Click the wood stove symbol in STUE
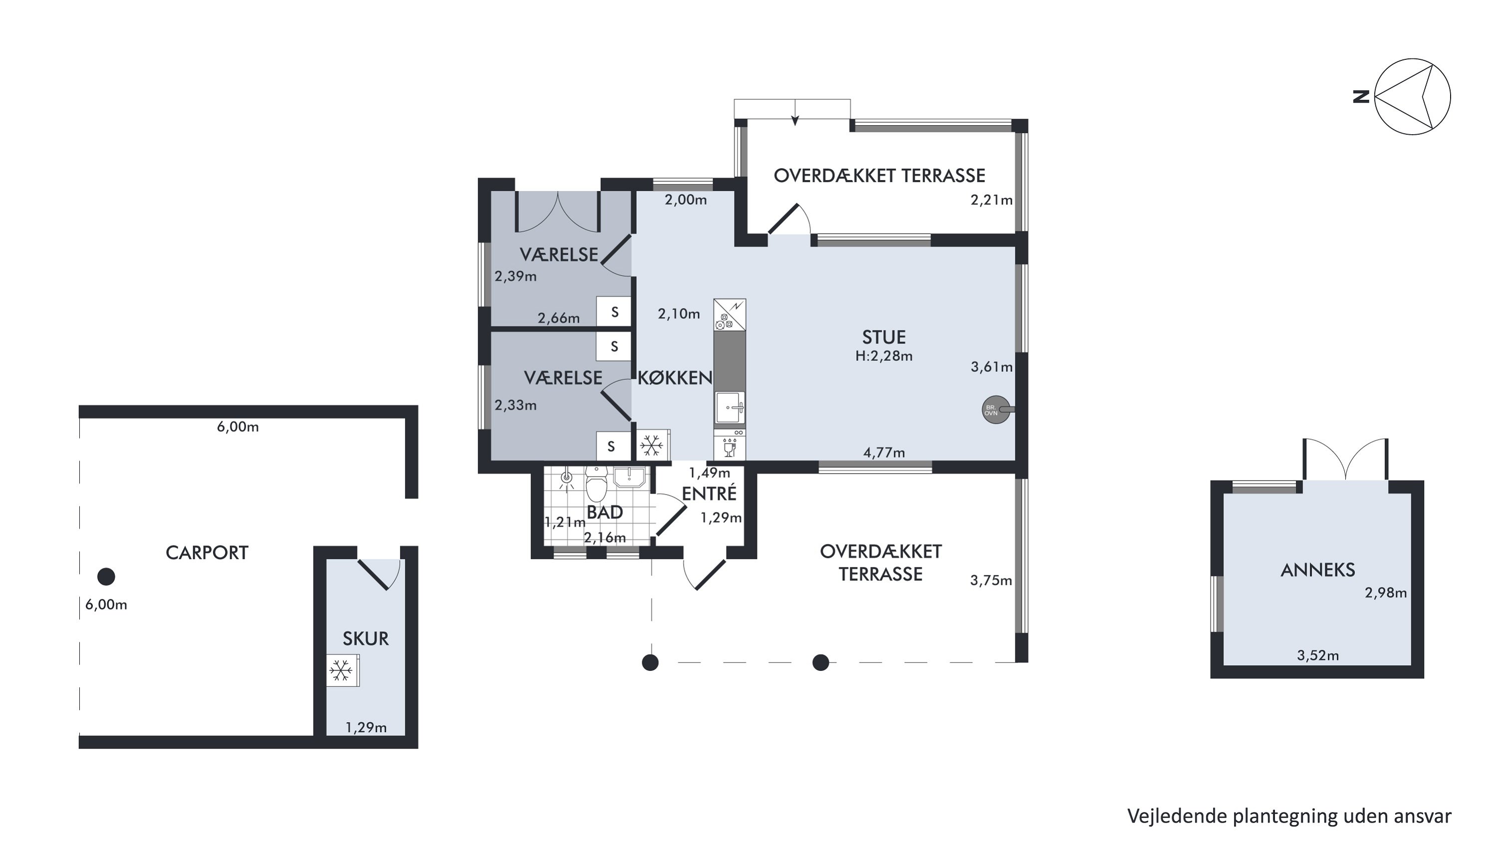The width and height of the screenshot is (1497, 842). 996,410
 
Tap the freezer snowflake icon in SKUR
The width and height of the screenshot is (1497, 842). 341,671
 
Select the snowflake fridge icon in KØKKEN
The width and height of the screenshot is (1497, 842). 652,446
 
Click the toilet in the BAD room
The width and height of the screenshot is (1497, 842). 596,483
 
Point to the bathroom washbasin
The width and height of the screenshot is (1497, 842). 629,477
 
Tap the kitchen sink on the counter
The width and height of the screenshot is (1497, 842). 730,408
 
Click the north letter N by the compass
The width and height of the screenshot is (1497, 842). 1361,96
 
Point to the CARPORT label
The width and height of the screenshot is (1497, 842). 207,553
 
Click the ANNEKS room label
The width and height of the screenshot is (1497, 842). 1317,570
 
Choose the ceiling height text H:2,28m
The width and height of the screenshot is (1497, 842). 884,356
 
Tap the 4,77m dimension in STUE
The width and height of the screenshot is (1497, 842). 884,453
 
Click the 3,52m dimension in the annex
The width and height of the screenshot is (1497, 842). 1318,656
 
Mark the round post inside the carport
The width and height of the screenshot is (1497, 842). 106,576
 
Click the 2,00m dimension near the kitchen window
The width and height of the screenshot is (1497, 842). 686,201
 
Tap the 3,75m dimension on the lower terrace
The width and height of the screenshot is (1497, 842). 991,580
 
